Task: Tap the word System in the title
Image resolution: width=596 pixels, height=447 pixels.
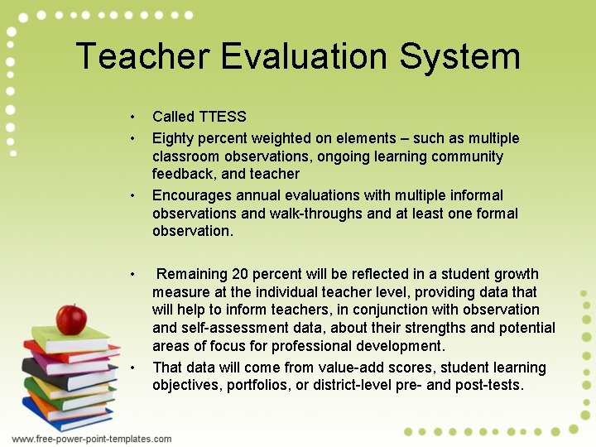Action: (460, 56)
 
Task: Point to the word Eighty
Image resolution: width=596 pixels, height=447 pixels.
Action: (174, 138)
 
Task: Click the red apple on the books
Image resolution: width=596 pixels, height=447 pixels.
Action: (71, 319)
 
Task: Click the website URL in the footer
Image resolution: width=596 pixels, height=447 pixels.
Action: (92, 439)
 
